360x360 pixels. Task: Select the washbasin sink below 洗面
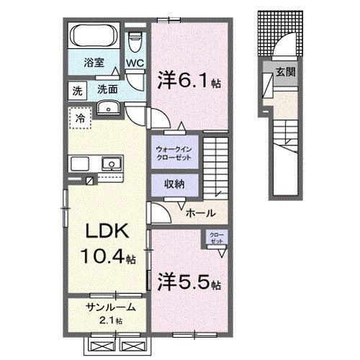pyautogui.click(x=108, y=108)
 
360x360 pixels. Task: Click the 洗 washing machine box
pyautogui.click(x=76, y=91)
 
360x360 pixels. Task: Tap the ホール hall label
pyautogui.click(x=200, y=213)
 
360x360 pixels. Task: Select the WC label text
pyautogui.click(x=134, y=64)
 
